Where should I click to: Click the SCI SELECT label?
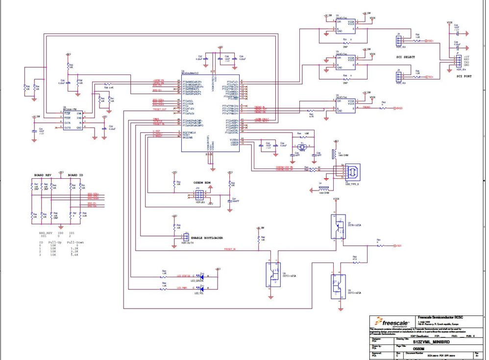click(405, 57)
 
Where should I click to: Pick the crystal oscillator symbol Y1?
click(302, 146)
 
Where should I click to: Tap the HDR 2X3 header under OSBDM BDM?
click(198, 195)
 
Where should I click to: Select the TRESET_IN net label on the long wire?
click(229, 249)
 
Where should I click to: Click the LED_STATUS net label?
click(184, 276)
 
